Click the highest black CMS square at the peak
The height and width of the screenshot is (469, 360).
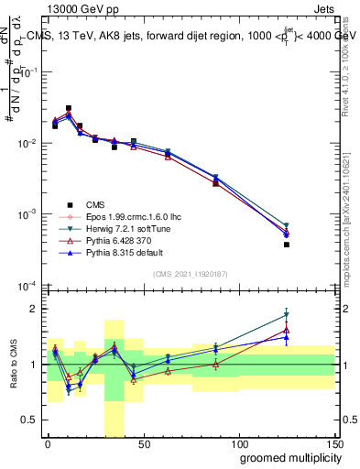coord(69,108)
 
